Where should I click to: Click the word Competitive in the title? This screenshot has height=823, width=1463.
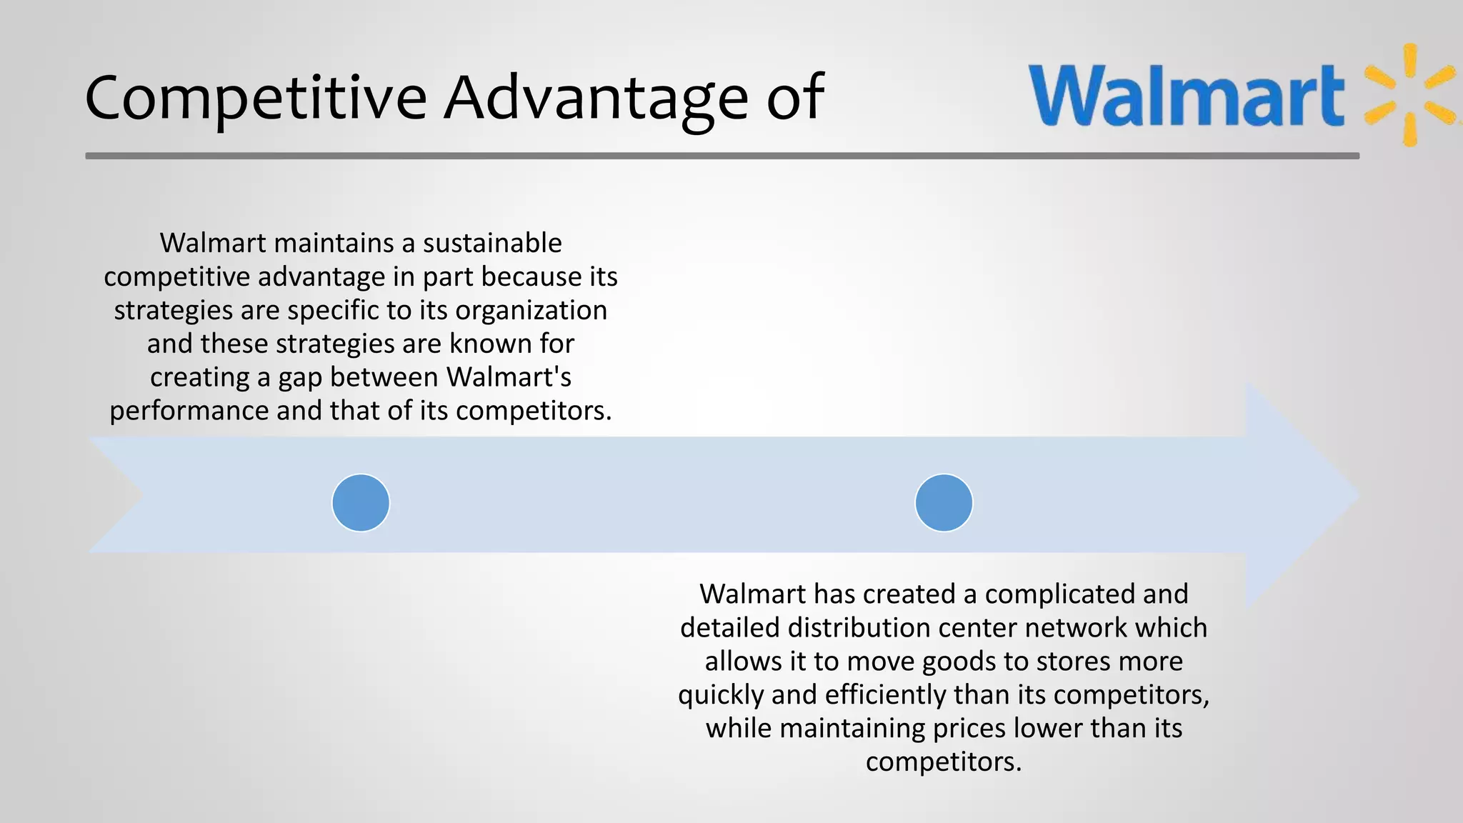256,98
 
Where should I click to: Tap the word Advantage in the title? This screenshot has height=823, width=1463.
596,98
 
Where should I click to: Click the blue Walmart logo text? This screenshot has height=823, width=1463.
1186,96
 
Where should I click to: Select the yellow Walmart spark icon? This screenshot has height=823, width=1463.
1409,94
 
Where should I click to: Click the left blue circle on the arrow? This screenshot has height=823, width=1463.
361,503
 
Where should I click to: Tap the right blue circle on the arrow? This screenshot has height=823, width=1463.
944,503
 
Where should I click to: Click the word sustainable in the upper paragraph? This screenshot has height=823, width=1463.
492,244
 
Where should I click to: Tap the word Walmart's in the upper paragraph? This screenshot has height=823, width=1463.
509,377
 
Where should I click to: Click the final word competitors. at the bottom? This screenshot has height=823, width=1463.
944,762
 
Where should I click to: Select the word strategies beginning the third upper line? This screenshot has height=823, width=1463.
173,311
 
